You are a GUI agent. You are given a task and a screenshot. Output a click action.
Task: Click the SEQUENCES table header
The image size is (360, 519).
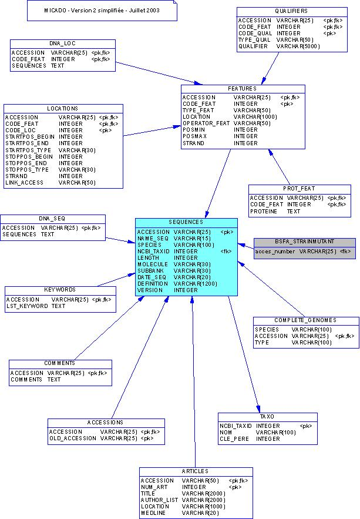coord(186,222)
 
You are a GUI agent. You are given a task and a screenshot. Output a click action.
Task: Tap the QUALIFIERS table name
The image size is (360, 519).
coord(291,11)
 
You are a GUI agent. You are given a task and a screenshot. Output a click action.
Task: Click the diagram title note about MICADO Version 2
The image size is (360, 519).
coord(102,11)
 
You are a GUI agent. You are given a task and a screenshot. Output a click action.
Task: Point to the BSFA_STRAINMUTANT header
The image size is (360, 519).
coord(304,242)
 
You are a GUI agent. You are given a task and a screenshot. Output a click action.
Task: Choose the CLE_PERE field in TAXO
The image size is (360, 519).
coord(234,438)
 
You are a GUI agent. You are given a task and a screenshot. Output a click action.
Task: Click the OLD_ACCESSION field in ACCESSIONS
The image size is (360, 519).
coord(72,438)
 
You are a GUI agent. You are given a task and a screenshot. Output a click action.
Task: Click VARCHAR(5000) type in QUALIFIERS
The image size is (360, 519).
coord(298,46)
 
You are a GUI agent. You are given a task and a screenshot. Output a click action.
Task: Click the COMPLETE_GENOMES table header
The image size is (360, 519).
coord(305,320)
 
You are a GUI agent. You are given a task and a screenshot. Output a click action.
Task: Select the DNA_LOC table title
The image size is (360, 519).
coord(62,43)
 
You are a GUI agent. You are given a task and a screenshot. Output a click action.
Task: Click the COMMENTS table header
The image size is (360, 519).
coord(60,363)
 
